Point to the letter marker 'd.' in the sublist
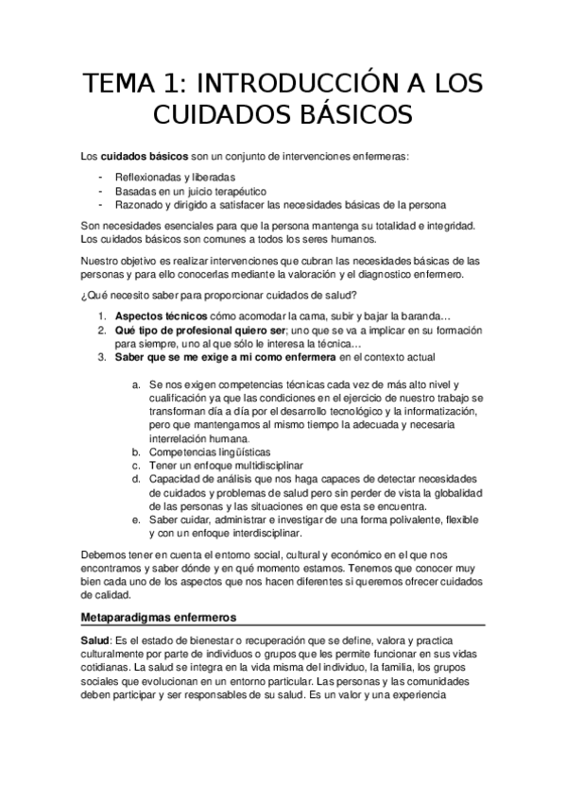coord(138,480)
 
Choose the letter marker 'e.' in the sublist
coord(138,520)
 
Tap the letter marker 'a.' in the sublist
coord(138,384)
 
